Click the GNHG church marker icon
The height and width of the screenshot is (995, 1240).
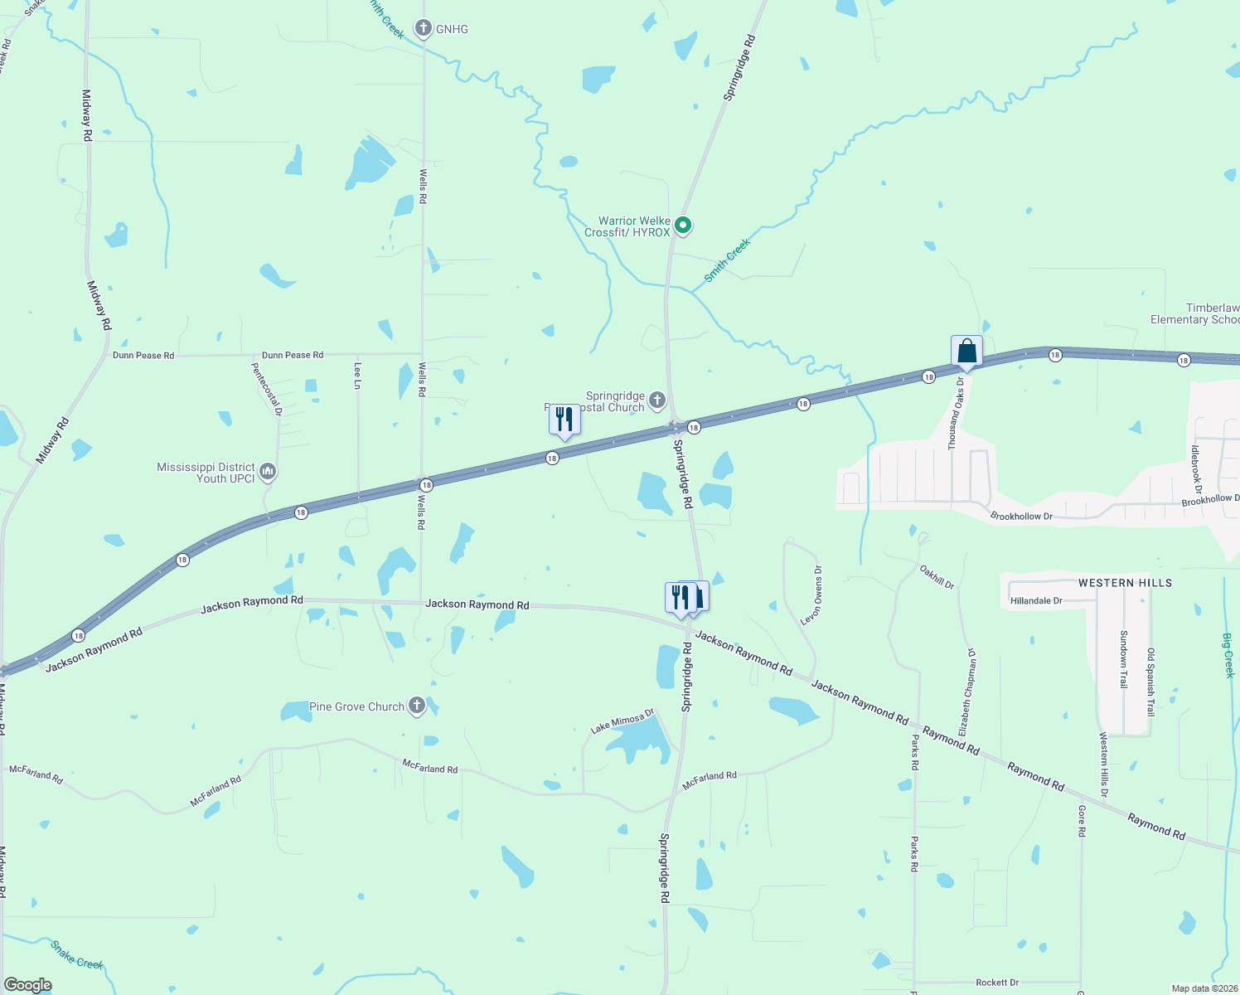point(424,29)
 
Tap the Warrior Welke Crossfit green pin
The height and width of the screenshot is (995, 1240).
point(683,225)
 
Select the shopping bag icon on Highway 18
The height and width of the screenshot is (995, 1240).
point(966,351)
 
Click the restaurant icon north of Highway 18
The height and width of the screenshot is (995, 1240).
point(564,420)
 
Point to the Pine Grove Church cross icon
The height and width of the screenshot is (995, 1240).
point(417,706)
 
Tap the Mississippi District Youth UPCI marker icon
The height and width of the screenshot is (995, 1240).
point(268,473)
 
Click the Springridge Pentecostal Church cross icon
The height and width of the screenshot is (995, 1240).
point(657,401)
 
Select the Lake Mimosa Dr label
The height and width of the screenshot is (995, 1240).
point(622,721)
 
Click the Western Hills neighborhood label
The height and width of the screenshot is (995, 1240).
point(1125,583)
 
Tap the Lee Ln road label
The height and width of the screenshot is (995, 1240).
point(358,375)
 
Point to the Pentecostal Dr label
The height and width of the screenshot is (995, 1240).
point(267,389)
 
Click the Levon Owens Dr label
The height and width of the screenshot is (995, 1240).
point(811,595)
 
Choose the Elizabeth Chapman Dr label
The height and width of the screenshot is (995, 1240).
point(966,692)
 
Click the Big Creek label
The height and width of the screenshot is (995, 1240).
point(1228,655)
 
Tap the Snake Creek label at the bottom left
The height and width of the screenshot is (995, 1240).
point(77,954)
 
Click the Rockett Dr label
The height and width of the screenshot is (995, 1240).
point(997,983)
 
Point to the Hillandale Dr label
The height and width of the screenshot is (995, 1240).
point(1036,600)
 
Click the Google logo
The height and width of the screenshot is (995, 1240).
point(28,985)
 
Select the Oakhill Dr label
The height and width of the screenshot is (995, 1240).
point(937,577)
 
